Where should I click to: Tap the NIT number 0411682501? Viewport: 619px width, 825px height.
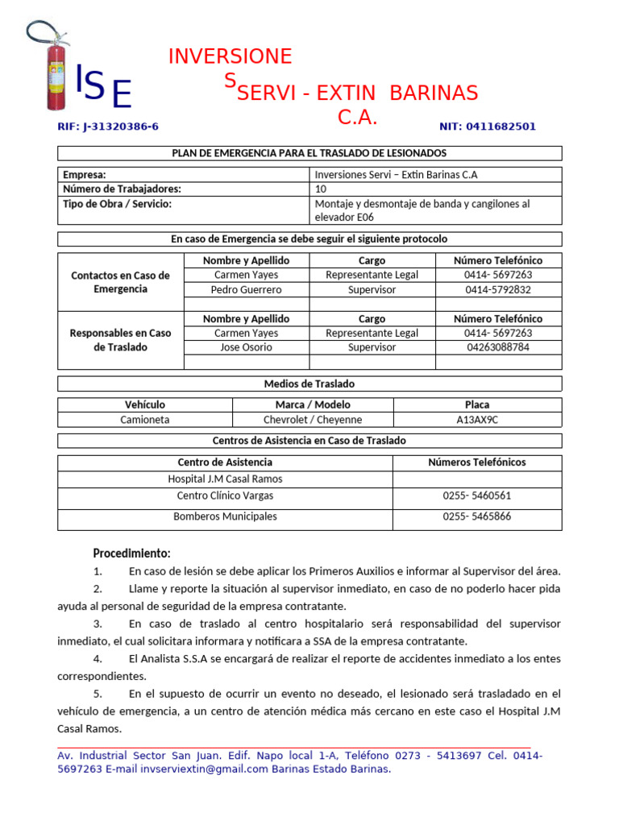pos(487,126)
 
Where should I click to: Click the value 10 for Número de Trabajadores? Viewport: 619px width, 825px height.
pos(321,189)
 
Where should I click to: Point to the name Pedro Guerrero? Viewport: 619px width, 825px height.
pos(246,289)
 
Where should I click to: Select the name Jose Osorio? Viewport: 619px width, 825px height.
pos(246,347)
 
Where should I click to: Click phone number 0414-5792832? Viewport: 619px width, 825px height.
pos(497,289)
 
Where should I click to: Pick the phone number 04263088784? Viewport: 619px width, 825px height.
pos(497,347)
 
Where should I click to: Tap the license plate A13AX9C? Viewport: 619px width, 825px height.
pos(477,420)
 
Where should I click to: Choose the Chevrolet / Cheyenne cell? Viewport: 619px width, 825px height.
pos(313,420)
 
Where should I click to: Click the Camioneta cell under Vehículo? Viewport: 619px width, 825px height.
pos(145,420)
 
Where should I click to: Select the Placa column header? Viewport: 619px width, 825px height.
pos(477,404)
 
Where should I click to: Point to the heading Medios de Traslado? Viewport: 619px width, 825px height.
pos(309,383)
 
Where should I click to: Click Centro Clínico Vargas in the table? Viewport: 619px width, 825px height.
pos(225,495)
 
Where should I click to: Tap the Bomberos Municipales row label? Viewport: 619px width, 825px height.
pos(225,516)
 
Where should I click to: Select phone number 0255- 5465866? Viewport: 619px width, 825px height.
pos(476,516)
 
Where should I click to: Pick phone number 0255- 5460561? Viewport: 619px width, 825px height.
pos(476,495)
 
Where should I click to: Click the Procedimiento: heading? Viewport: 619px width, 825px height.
pos(131,553)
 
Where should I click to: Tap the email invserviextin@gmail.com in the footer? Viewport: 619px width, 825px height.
pos(204,769)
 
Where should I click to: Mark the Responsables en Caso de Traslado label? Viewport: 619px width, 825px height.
pos(121,340)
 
